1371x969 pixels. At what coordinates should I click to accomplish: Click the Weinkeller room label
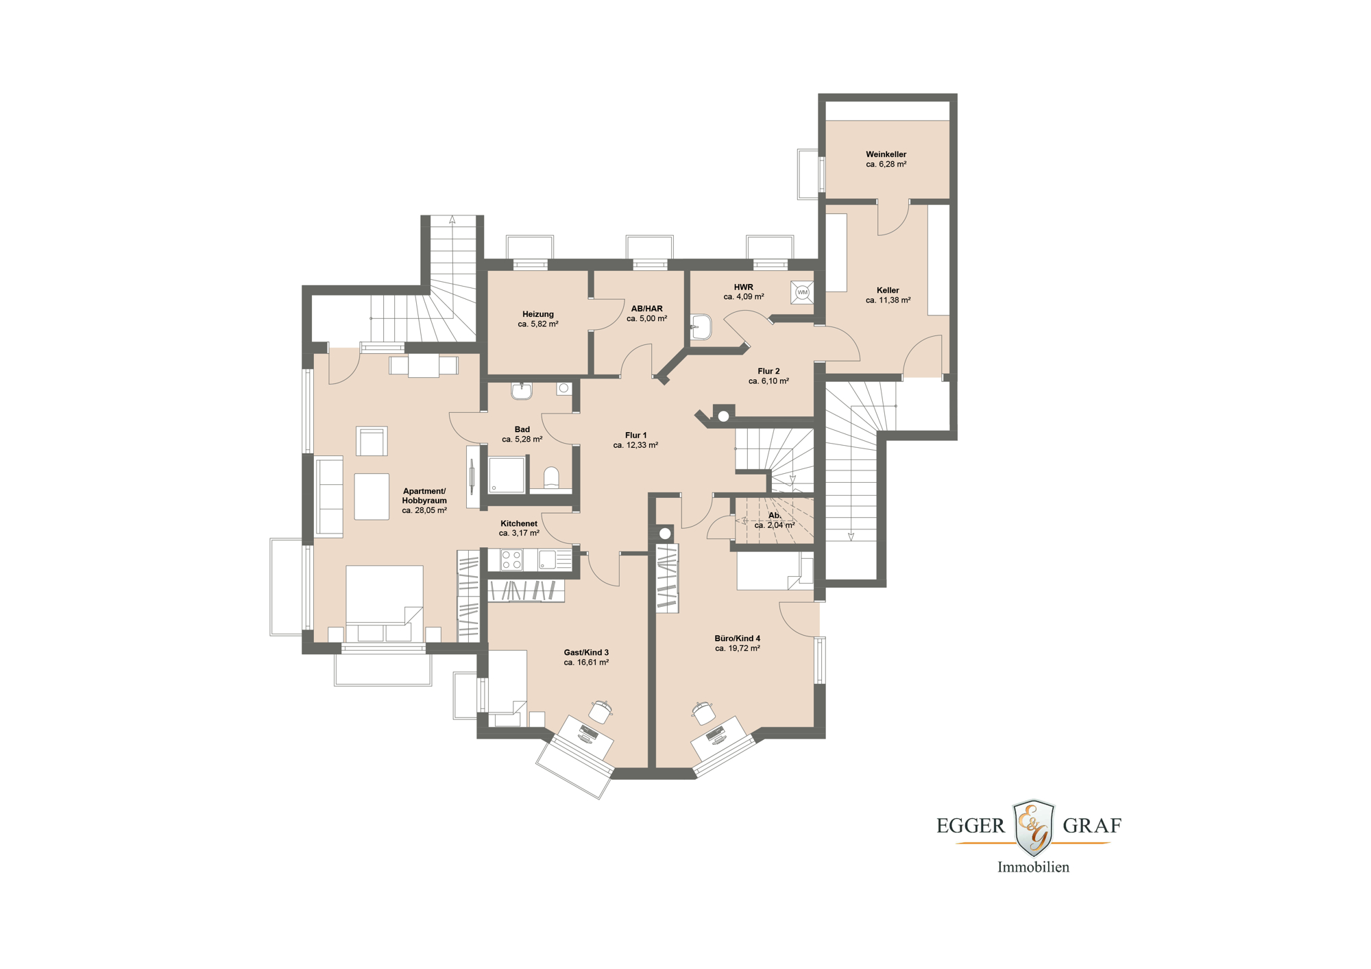(886, 154)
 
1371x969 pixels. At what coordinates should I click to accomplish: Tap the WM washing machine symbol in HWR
(802, 292)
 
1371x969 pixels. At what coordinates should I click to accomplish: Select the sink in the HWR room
(701, 327)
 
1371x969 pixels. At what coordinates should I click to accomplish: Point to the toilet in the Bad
(551, 477)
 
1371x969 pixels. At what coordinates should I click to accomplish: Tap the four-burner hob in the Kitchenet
(511, 560)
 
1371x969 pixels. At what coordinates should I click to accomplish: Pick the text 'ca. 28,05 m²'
(424, 510)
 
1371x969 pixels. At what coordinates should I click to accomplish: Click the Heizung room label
(537, 314)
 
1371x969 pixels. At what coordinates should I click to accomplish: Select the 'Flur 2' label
(768, 371)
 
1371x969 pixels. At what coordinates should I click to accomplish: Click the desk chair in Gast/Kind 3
(600, 711)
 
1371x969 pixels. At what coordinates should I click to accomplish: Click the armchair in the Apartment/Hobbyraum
(372, 441)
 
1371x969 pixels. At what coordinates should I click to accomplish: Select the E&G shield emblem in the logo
(1034, 827)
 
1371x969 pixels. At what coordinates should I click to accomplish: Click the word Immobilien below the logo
(1033, 867)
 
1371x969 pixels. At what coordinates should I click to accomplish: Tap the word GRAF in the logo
(1091, 826)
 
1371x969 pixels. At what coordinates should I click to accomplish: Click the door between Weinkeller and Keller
(893, 217)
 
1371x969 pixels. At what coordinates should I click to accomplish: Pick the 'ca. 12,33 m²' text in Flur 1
(635, 445)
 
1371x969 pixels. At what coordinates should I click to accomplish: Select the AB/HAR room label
(646, 309)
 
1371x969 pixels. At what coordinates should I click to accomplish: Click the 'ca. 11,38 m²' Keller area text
(888, 300)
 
